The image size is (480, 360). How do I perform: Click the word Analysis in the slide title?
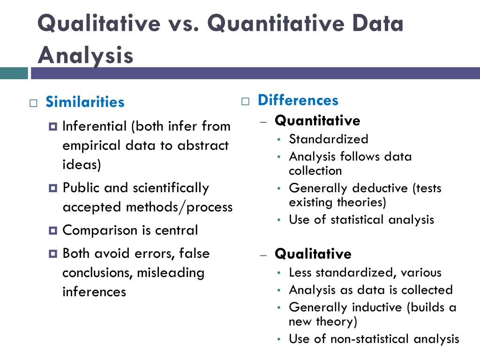pos(85,55)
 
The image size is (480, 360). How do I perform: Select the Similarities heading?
pos(85,102)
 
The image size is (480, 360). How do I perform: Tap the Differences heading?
pos(298,100)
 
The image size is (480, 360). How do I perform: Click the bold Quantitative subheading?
pos(317,121)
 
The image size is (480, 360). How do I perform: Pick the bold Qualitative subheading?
pos(313,254)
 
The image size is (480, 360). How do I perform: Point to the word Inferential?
pos(95,126)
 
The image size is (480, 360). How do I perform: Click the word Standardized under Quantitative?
pos(328,139)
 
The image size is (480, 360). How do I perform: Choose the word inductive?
pos(379,307)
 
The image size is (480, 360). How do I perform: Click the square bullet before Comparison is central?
pos(52,230)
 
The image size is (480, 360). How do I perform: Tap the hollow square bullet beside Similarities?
pos(33,103)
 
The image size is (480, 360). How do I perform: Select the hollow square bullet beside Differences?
pos(245,101)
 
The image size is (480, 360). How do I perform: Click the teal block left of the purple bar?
pos(14,73)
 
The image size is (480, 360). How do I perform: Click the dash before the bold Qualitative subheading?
pos(263,255)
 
